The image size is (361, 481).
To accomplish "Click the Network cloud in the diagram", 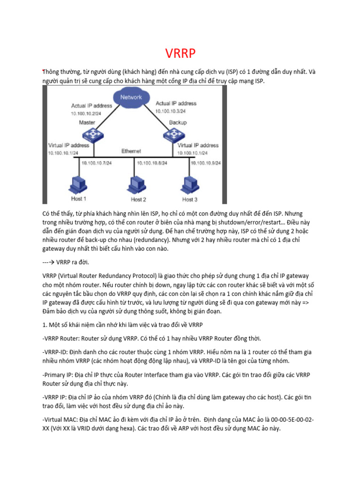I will click(x=131, y=97).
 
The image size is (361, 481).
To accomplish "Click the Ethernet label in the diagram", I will click(x=131, y=151).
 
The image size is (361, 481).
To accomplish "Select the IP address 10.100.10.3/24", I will click(x=171, y=111).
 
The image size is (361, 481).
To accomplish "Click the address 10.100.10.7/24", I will click(x=96, y=163).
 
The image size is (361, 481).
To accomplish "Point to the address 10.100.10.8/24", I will click(x=152, y=163).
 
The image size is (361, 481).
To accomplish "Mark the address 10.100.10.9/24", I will click(x=206, y=163).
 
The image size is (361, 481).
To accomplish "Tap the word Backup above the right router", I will click(x=178, y=122).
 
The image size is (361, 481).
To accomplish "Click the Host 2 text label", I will click(x=138, y=200).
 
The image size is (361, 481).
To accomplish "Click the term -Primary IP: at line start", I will click(x=60, y=374).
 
